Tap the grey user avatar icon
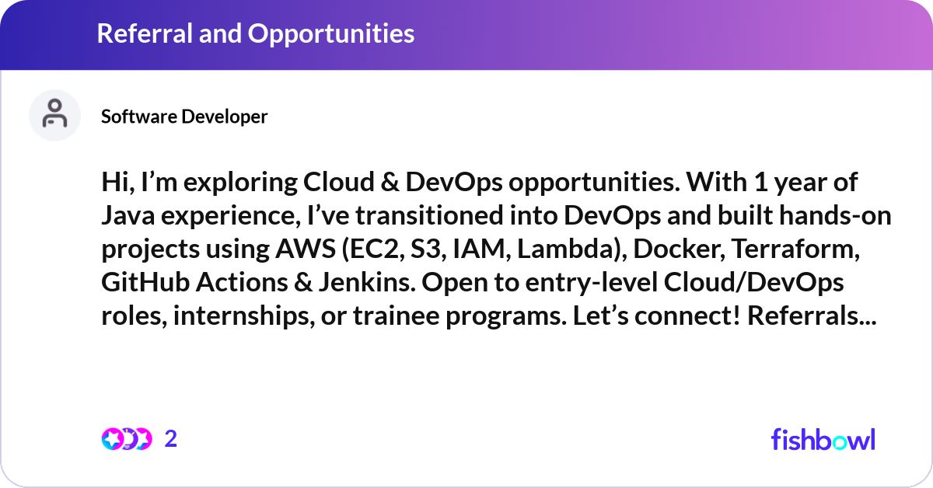tap(54, 115)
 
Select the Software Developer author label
tap(184, 117)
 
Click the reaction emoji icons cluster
tap(127, 439)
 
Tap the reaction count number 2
tap(171, 439)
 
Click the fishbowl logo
tap(823, 439)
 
